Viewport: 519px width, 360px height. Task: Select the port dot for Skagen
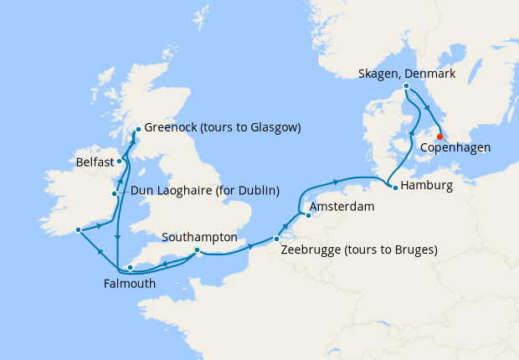click(x=406, y=86)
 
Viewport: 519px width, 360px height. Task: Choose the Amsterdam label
click(x=342, y=206)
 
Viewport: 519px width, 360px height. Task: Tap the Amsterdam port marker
click(x=306, y=215)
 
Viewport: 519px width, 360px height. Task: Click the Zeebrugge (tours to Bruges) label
click(x=360, y=249)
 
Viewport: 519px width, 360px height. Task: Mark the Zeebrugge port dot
click(x=276, y=240)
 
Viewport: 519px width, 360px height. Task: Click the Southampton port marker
click(x=197, y=249)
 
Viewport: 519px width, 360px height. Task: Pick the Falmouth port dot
click(x=130, y=268)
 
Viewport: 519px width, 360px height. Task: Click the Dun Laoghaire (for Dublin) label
click(x=205, y=191)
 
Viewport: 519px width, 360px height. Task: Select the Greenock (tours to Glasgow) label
click(x=222, y=128)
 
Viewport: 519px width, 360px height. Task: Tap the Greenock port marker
click(x=136, y=130)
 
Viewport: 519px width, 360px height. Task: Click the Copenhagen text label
click(x=455, y=148)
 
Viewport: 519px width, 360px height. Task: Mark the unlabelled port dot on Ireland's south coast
click(x=77, y=229)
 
